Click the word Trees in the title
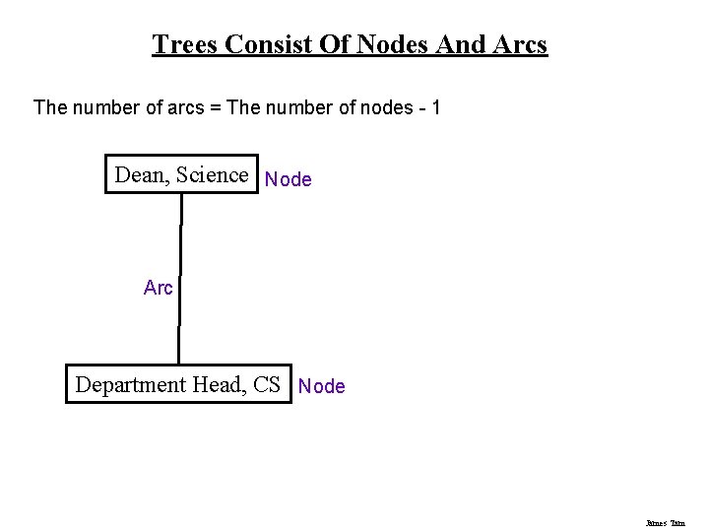[185, 44]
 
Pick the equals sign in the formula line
[214, 106]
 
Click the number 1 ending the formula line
[434, 106]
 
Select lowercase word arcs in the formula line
[185, 106]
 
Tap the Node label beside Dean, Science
[289, 179]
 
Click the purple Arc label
[159, 288]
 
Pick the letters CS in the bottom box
[266, 384]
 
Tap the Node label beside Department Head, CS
[322, 386]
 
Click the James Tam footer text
[666, 523]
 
